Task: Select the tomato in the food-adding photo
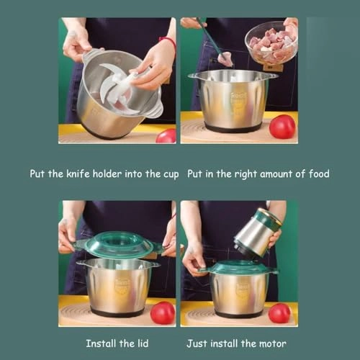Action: (282, 126)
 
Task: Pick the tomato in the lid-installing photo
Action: (163, 312)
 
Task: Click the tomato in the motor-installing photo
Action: (279, 312)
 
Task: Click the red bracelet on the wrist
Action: (168, 42)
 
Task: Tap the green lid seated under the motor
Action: (238, 267)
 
